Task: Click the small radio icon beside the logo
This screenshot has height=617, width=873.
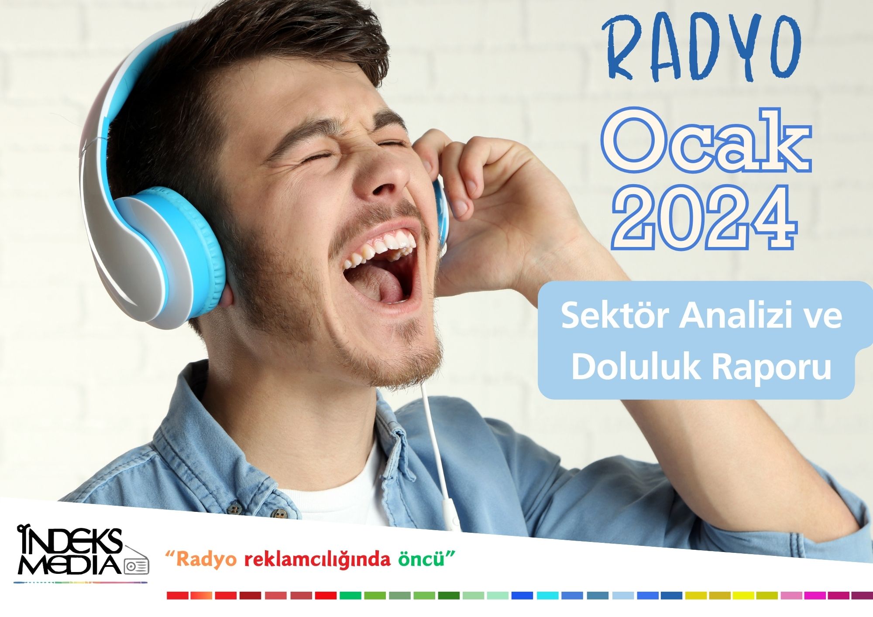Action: pos(137,566)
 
